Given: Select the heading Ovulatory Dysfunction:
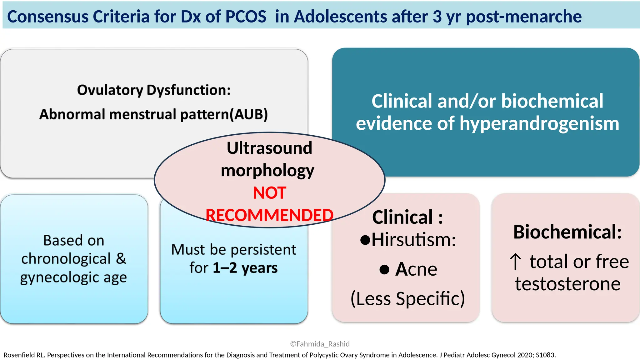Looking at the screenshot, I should (x=154, y=90).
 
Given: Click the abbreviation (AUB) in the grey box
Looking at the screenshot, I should (x=249, y=114).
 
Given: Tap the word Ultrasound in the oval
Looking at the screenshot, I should (x=269, y=148).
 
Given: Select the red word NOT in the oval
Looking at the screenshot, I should (x=269, y=193).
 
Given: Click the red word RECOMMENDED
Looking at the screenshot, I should (x=269, y=215).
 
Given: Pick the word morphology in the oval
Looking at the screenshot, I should (x=267, y=171).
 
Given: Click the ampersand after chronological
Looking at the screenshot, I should (x=121, y=259).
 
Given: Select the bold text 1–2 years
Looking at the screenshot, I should (x=245, y=268).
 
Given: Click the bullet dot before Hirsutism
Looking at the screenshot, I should (x=365, y=240).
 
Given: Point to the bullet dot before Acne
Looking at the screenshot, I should (x=384, y=269).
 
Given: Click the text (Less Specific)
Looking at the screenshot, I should (x=407, y=298).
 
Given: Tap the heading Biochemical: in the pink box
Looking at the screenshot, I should (x=567, y=232).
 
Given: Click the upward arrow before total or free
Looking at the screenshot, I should (x=515, y=262).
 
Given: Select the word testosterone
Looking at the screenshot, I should (x=567, y=284).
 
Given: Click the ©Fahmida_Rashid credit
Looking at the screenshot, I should (x=320, y=344).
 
